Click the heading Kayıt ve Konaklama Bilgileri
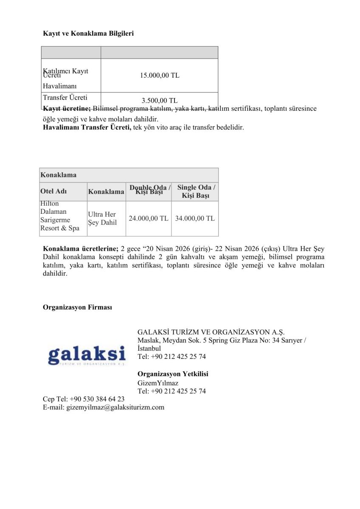pos(88,33)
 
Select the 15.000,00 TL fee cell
pos(160,76)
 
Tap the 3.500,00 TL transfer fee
pos(160,101)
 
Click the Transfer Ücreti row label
pos(65,98)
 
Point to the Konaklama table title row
pos(129,175)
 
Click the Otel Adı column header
pos(53,191)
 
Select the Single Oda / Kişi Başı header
pos(196,191)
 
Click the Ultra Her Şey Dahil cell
pos(102,218)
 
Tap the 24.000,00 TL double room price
pos(149,218)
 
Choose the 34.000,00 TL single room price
pos(195,218)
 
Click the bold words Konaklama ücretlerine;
pos(80,249)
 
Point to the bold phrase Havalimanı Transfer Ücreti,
pos(87,127)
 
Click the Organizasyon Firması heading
pos(77,307)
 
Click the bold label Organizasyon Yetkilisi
pos(173,374)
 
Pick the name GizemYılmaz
pos(158,383)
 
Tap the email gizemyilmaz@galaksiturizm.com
pos(115,408)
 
